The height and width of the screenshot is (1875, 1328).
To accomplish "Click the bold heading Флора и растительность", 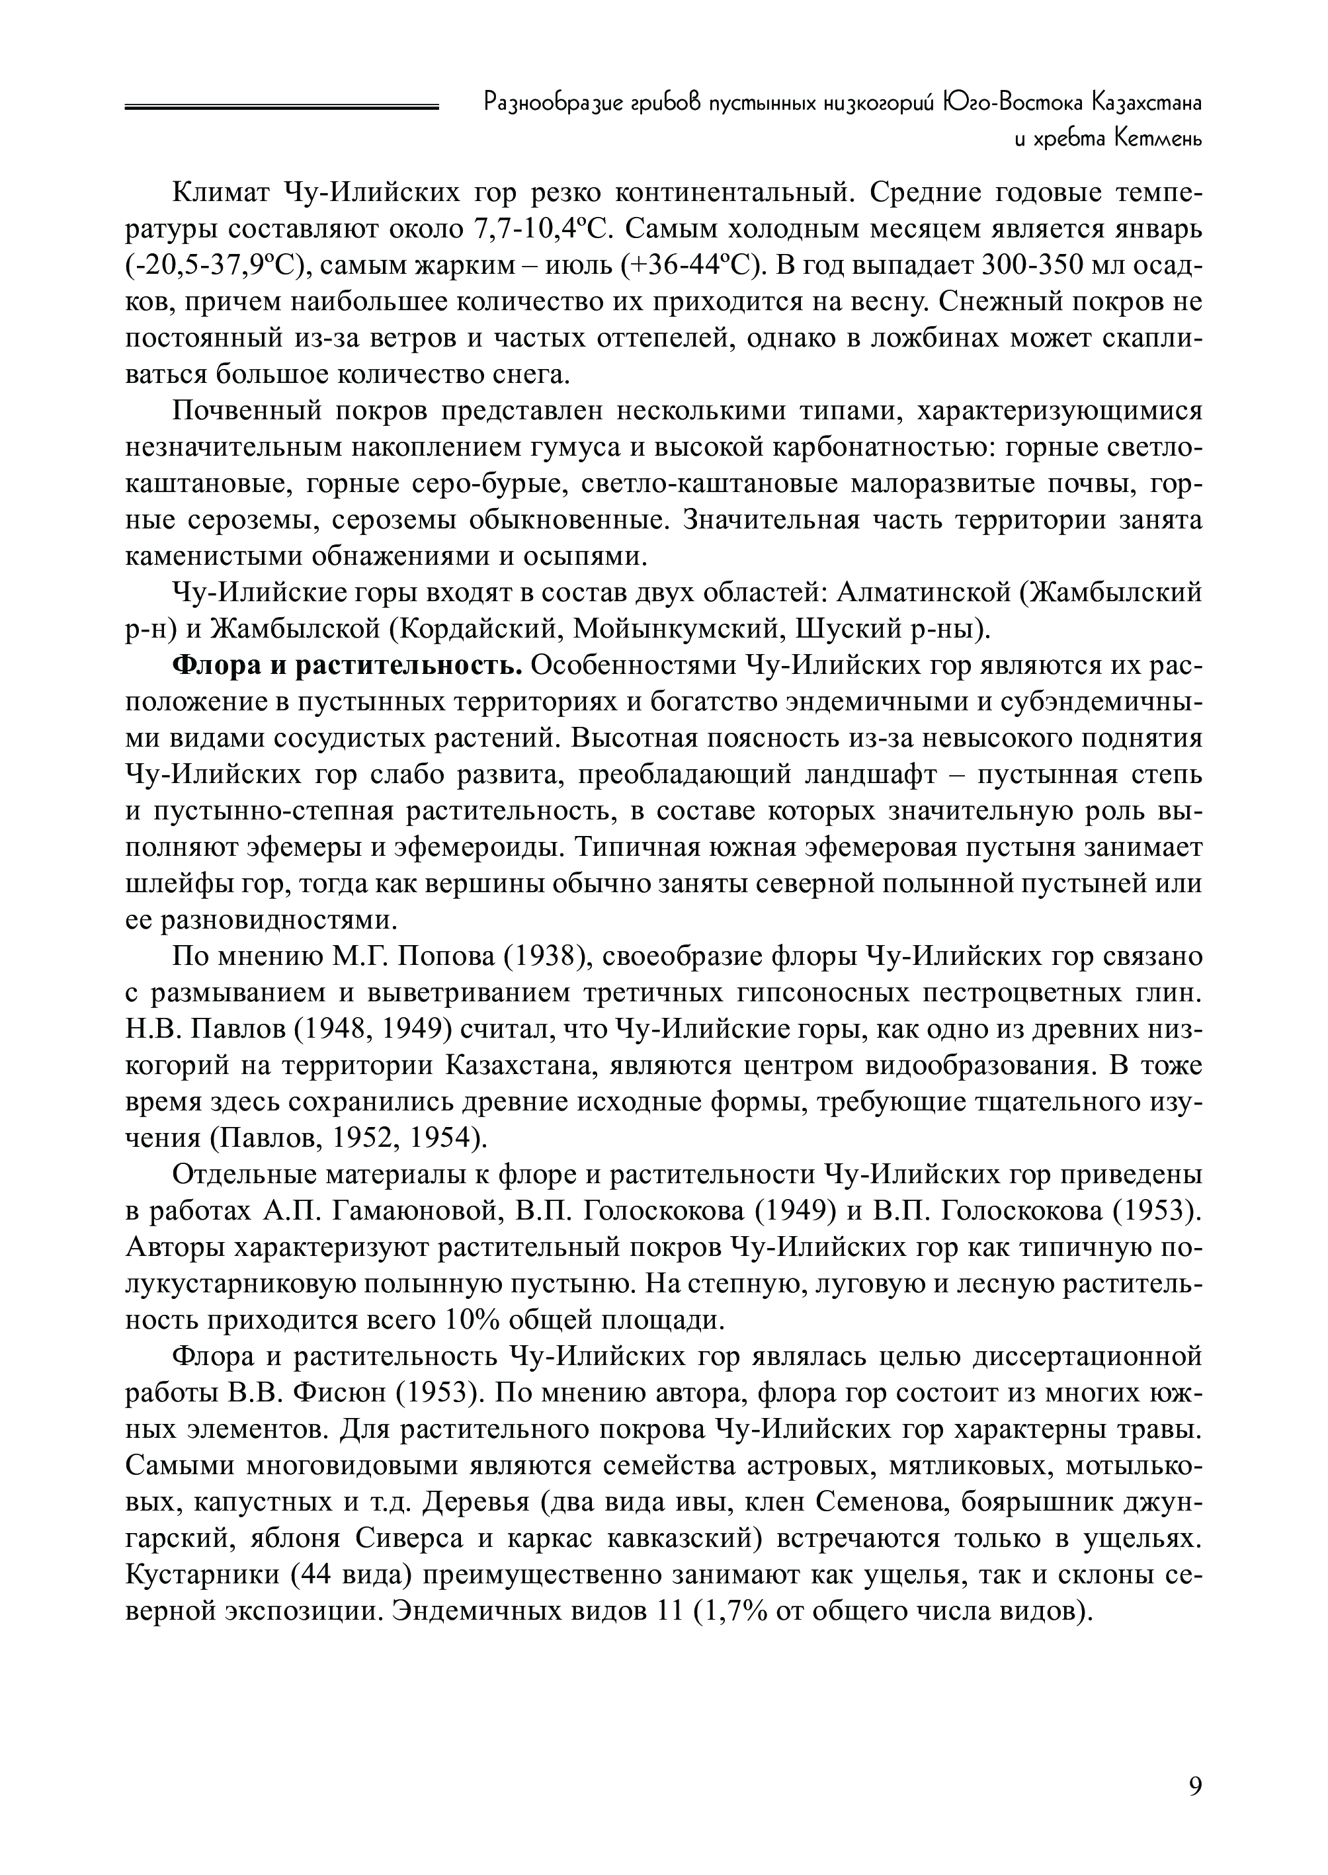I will [x=347, y=665].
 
